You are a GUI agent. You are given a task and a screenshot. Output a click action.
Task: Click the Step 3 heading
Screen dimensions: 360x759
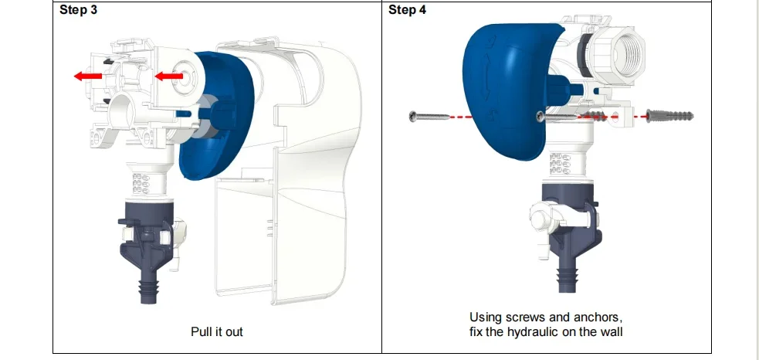(78, 10)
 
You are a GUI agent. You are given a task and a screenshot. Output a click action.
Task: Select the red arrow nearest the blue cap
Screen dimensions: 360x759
(168, 76)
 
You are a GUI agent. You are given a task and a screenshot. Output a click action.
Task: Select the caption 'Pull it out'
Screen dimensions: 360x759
(216, 331)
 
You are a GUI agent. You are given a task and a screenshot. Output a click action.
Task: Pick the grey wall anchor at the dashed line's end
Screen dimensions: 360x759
(673, 115)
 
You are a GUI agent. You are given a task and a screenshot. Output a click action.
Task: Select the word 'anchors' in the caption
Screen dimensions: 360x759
(599, 318)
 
